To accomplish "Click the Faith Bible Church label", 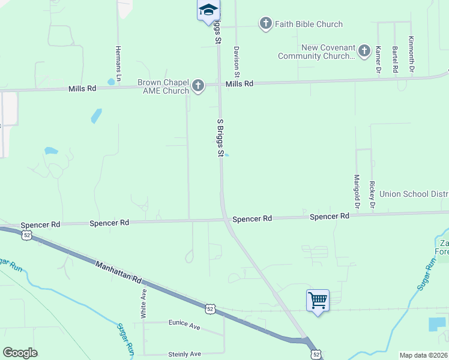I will point(309,24).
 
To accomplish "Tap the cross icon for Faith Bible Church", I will point(265,24).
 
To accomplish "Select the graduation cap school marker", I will point(208,10).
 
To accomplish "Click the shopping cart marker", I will point(318,299).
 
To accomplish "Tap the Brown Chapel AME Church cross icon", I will point(197,86).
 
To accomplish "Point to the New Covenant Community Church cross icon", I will point(364,52).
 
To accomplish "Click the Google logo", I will point(20,353).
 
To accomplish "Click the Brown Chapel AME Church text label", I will point(163,86).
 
